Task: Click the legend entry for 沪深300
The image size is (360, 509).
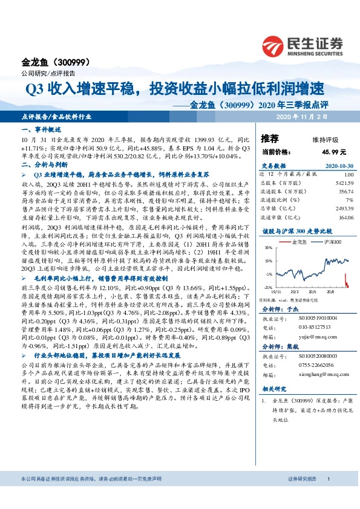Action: point(322,241)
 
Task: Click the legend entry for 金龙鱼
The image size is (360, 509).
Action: point(297,241)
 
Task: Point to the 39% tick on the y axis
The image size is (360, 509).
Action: point(267,248)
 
